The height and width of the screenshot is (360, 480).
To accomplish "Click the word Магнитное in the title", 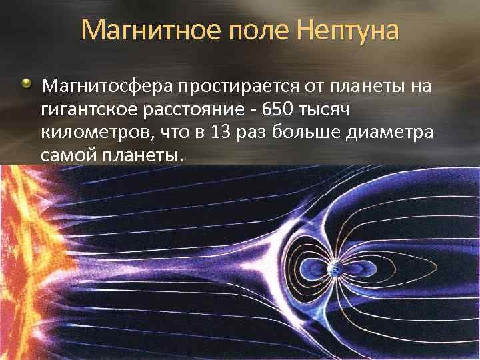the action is (x=151, y=31).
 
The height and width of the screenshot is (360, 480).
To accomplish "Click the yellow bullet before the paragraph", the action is (x=27, y=83).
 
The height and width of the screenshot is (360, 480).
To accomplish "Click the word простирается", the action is (x=239, y=87).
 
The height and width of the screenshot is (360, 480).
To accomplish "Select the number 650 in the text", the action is (x=277, y=109).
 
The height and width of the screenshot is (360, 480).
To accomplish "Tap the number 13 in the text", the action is (x=221, y=132).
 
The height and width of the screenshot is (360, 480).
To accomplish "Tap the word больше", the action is (x=306, y=132).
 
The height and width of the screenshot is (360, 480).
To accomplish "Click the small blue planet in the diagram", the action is (x=335, y=269).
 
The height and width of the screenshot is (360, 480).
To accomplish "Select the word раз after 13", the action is (x=251, y=134).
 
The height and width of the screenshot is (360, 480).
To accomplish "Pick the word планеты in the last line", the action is (x=143, y=155).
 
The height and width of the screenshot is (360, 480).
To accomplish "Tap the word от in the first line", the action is (x=314, y=87).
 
